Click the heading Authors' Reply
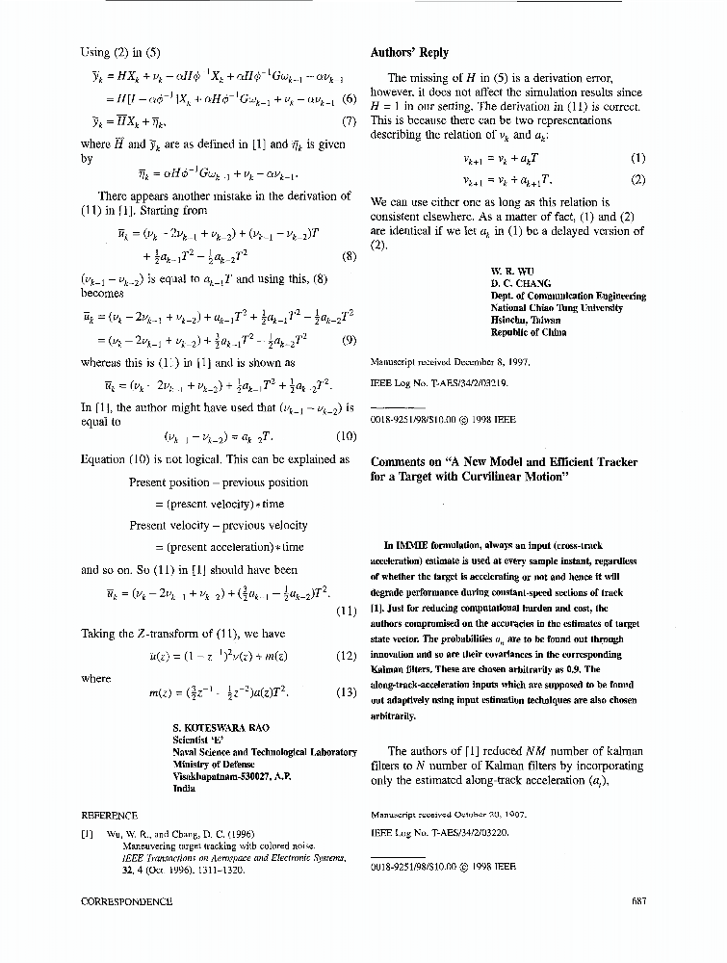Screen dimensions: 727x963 pos(409,53)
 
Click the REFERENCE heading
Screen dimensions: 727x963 pos(111,816)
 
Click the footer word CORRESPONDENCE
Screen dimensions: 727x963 pos(128,902)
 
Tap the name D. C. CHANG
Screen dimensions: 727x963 pos(520,284)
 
